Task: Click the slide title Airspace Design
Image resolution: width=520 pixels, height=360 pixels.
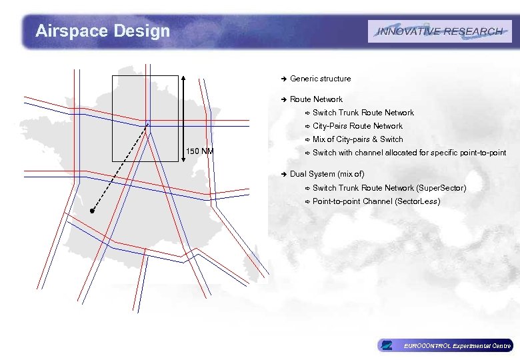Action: (x=103, y=31)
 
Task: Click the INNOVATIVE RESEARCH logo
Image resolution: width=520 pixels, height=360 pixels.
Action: (x=439, y=31)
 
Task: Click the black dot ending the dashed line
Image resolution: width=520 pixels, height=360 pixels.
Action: (x=93, y=211)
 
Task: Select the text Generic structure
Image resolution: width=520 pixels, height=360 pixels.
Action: (x=320, y=79)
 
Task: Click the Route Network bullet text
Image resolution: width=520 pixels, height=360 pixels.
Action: (x=316, y=99)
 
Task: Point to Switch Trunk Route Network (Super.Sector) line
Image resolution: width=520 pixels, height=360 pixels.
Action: (x=389, y=188)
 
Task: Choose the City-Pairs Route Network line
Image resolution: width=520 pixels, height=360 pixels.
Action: (x=357, y=126)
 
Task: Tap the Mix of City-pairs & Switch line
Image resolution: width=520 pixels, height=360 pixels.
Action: (x=357, y=139)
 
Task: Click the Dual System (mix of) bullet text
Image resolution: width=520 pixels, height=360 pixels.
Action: (x=327, y=174)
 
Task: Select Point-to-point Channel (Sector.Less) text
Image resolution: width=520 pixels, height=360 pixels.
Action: (x=376, y=201)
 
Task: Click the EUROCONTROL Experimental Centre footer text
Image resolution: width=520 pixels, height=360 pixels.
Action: (x=457, y=345)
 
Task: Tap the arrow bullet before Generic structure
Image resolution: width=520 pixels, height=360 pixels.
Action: (x=283, y=79)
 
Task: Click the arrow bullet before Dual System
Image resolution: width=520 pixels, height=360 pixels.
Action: (x=283, y=174)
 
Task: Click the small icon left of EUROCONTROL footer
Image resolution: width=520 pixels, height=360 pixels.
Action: (x=386, y=345)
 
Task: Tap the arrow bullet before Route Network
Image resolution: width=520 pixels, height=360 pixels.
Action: (x=283, y=99)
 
